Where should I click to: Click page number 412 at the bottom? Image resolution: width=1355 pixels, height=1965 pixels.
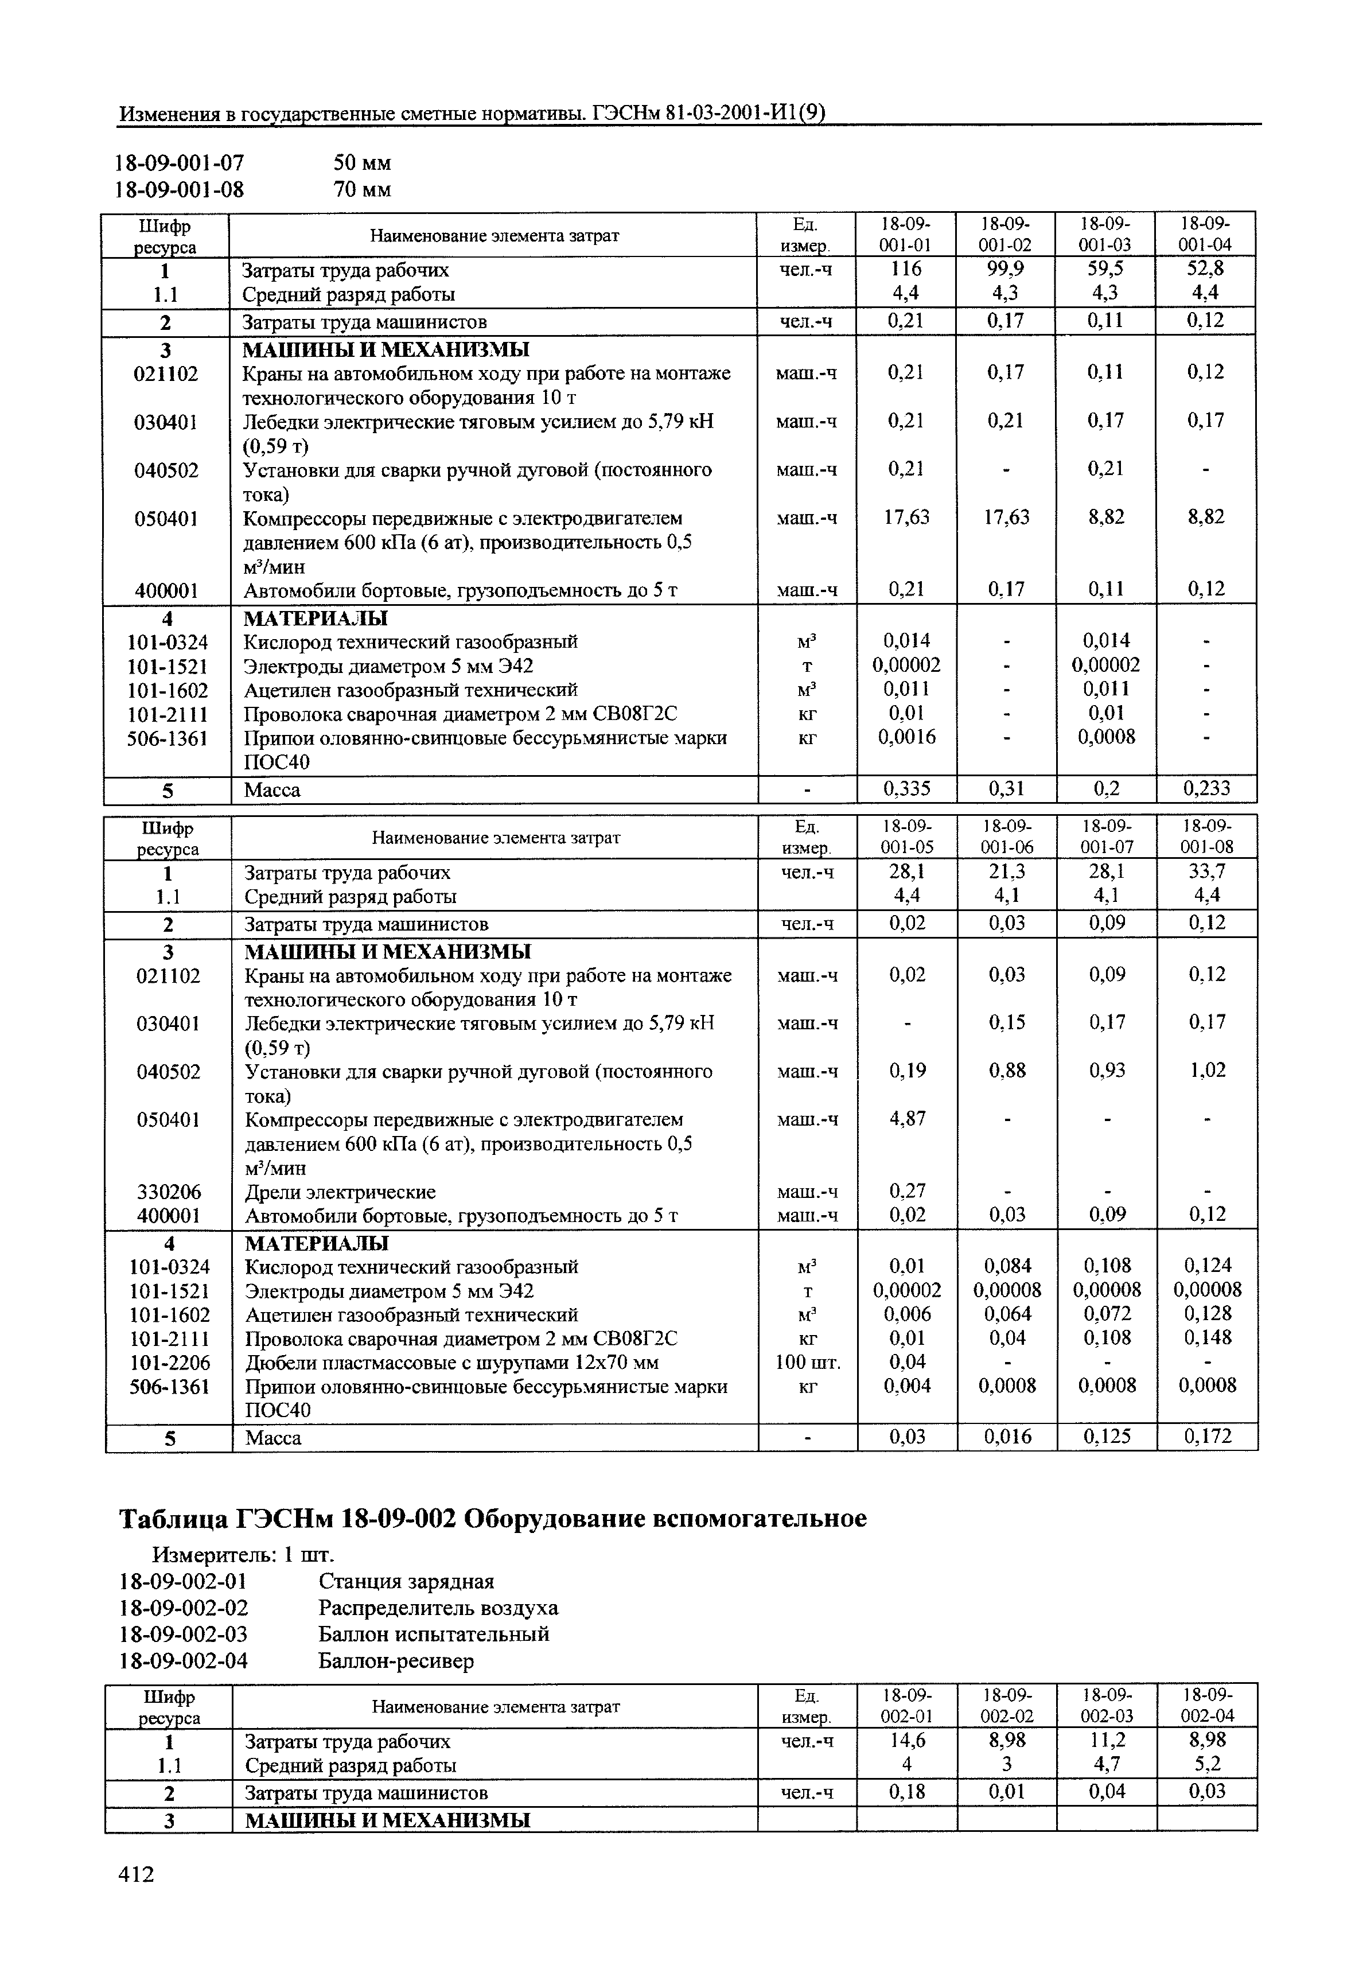(137, 1873)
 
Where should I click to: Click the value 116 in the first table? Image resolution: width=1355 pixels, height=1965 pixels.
(906, 269)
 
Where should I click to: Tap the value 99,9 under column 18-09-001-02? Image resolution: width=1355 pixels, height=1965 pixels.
(1006, 269)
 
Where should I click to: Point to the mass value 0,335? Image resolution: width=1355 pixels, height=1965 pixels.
(906, 789)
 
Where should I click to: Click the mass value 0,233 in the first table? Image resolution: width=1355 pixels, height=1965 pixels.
(1206, 789)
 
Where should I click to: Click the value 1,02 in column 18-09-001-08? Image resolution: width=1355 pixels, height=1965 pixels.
(1207, 1070)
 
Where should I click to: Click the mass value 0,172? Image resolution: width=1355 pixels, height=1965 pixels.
(1207, 1437)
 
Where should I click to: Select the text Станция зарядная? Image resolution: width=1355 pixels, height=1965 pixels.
(406, 1581)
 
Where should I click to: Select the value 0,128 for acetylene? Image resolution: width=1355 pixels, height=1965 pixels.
(1207, 1314)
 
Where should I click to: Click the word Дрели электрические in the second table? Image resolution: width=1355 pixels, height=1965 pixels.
(340, 1192)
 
